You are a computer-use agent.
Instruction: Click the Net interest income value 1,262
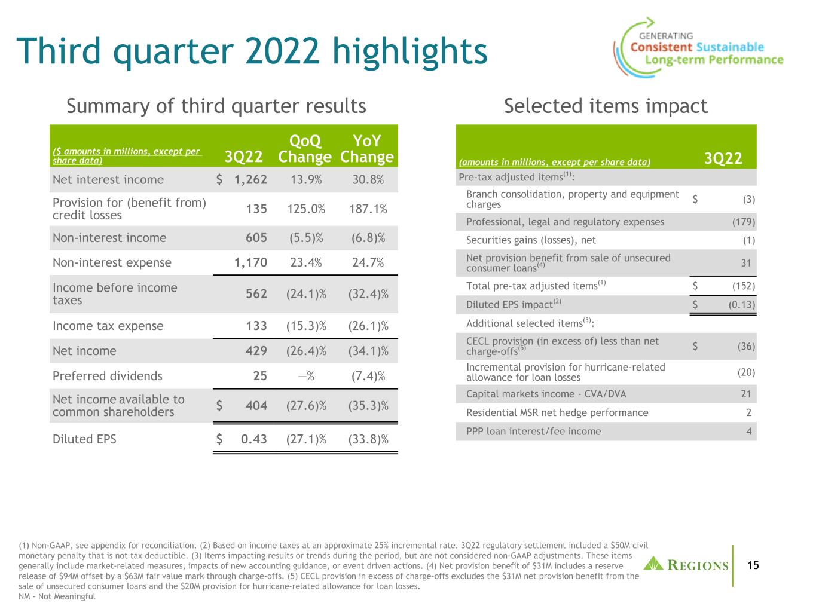250,180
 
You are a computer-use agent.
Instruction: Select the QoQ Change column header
304,149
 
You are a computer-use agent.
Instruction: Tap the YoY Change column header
367,149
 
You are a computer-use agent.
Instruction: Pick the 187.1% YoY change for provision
368,209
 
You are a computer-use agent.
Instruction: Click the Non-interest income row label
109,238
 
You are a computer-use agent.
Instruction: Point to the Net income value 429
256,351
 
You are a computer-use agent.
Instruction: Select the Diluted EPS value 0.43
253,439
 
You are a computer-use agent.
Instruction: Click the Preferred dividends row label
108,376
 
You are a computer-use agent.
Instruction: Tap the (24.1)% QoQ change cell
306,294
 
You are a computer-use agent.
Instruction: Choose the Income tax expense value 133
256,326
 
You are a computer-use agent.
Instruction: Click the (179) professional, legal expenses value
744,222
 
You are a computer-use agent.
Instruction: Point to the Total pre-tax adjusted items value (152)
744,286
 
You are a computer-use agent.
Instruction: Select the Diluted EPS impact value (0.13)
742,305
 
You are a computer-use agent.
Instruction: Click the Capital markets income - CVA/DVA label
546,394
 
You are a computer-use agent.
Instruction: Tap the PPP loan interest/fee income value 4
748,432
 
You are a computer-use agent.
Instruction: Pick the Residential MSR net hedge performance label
557,412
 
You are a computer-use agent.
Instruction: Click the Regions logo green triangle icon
653,564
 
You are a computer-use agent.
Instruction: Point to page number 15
753,565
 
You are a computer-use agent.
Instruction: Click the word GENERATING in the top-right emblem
666,36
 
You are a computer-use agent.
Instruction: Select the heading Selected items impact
606,106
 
